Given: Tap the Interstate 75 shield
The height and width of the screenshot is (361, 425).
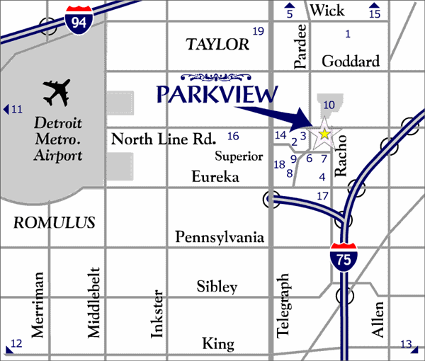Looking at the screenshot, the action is coord(344,258).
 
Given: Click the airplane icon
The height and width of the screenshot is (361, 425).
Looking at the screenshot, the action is coord(57,91).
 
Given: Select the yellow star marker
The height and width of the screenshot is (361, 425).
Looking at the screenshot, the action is coord(324,133).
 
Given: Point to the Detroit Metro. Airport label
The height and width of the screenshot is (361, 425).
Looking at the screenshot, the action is coord(58,139).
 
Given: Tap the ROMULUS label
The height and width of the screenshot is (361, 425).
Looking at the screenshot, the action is coord(55,222).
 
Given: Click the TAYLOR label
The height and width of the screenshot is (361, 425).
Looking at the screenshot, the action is coord(217,45).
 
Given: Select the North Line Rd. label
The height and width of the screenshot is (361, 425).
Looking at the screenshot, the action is coord(163,139).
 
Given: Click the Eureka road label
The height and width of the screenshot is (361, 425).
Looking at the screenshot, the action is coord(215,177).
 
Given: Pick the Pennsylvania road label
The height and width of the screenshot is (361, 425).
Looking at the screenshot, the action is coord(220,236).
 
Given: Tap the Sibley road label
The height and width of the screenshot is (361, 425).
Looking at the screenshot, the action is coord(217,287).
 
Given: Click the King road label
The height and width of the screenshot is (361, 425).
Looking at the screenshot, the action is coord(217,344).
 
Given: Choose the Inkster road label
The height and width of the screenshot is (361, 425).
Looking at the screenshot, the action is coord(158,314).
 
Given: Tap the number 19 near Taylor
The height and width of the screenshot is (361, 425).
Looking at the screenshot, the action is coord(258,30).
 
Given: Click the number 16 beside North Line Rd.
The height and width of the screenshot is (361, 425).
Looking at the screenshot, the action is coord(233,136).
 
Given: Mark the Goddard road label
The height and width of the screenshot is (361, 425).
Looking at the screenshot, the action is coord(350,61).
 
